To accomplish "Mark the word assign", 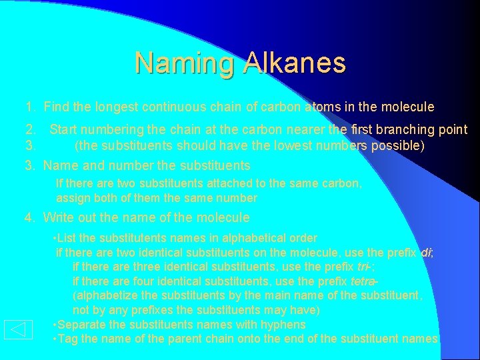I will click(73, 198).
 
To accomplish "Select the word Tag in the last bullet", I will click(69, 339).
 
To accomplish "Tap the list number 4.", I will click(29, 217).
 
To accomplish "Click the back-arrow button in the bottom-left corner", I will click(18, 329).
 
